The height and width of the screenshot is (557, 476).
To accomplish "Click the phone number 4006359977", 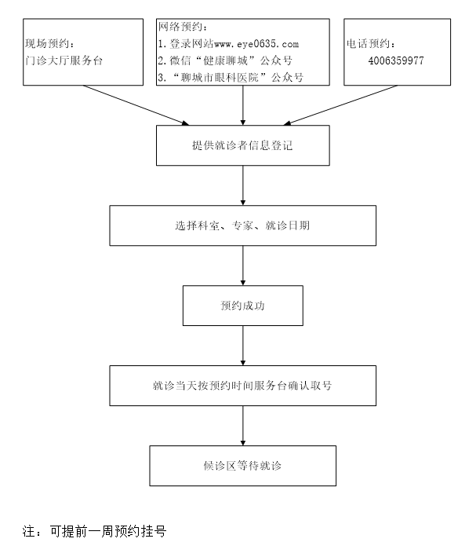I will (x=396, y=60).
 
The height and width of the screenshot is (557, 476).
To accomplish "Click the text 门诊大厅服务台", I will (x=64, y=60).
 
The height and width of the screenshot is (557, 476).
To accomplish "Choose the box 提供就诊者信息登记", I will (x=242, y=146).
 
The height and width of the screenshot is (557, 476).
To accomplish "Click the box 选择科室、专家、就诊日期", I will (x=242, y=225).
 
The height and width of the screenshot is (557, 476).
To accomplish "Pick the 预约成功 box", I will (x=242, y=306).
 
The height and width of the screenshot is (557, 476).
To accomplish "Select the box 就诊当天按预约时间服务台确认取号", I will (x=242, y=386).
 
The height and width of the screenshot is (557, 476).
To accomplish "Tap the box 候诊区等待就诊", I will (x=242, y=466).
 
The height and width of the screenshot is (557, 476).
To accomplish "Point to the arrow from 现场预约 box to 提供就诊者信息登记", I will (x=136, y=104).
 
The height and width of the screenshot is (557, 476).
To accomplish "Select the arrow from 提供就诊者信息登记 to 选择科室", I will (x=243, y=185).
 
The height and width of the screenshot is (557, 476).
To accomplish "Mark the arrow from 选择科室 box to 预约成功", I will (x=243, y=266).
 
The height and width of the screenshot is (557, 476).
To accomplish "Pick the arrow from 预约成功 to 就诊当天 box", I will (x=243, y=346).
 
